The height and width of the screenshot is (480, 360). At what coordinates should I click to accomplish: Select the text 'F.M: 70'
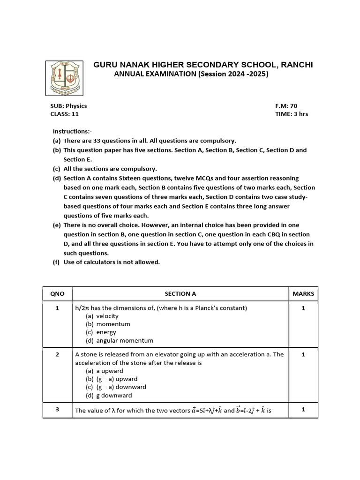click(286, 106)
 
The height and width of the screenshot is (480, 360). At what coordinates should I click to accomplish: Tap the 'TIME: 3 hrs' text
click(292, 114)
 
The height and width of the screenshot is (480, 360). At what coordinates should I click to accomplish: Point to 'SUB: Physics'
click(68, 106)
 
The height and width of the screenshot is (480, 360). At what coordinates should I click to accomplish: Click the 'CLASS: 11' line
click(65, 114)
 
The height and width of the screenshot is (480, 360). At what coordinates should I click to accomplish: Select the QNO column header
click(57, 294)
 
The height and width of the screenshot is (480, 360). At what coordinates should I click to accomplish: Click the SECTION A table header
click(180, 294)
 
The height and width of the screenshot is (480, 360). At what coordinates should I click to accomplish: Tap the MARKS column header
click(303, 294)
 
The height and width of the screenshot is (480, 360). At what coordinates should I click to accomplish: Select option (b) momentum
click(108, 324)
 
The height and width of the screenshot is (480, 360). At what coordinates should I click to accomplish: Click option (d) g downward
click(111, 396)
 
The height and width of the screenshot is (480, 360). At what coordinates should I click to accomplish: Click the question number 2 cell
click(57, 354)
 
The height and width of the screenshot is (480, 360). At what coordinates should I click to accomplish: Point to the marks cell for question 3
click(303, 409)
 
